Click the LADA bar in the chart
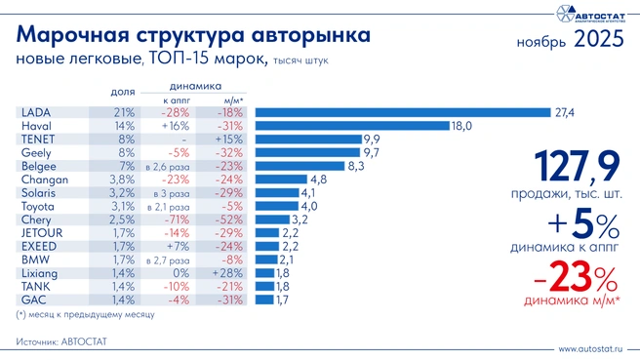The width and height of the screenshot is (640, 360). tap(400, 113)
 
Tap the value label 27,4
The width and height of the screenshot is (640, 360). tap(564, 113)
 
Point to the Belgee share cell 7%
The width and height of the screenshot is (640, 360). tap(126, 167)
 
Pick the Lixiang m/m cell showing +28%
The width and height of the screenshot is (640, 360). tap(228, 274)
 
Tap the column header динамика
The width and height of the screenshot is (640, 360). tap(195, 85)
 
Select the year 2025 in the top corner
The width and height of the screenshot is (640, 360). tap(598, 40)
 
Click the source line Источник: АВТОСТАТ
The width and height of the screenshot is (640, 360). tap(61, 341)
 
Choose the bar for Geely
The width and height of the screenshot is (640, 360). tap(306, 153)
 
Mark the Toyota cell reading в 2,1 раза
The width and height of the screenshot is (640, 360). tap(167, 207)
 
